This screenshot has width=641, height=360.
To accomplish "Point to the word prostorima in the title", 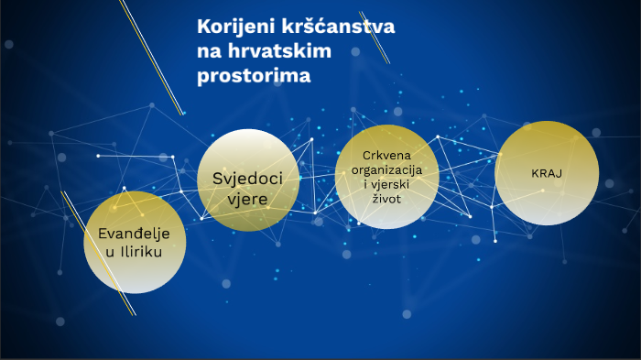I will click(254, 75).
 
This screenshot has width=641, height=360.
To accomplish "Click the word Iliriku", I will click(142, 252).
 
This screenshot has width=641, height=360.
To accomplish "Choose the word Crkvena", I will click(386, 155).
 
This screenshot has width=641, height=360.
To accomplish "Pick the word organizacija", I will click(386, 169).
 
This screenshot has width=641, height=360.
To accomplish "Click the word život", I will click(386, 198).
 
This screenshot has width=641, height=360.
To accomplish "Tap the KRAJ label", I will click(546, 173).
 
